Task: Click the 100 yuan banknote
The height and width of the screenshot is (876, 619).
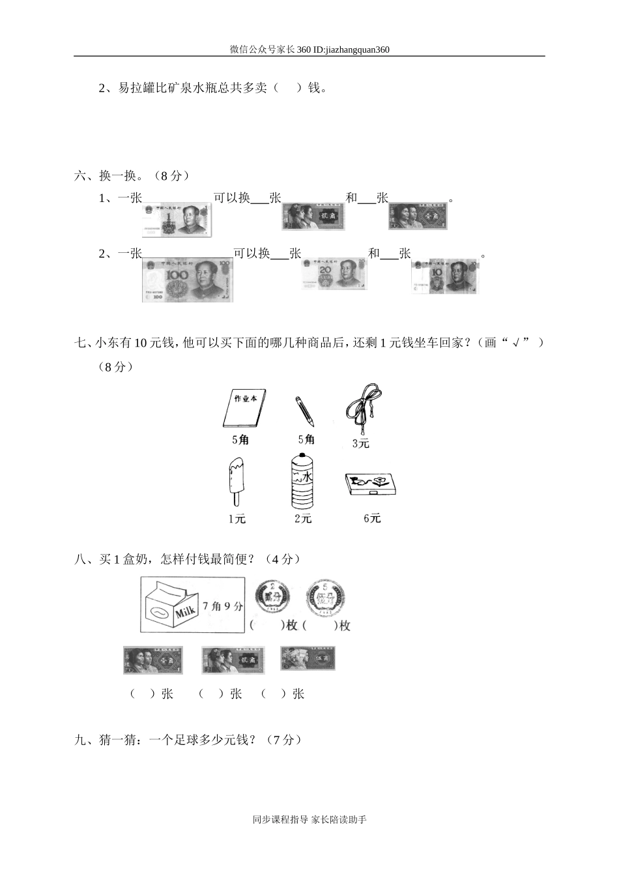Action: click(x=187, y=280)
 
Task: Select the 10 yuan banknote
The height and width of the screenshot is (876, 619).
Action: click(x=445, y=276)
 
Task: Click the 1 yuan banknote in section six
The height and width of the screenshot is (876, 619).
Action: click(x=177, y=219)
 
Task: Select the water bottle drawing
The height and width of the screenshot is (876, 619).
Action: click(x=303, y=482)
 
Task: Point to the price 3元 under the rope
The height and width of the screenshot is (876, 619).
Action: click(x=360, y=443)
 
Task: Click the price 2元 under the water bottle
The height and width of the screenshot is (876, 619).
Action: click(x=303, y=519)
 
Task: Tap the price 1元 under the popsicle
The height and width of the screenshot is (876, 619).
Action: click(x=237, y=519)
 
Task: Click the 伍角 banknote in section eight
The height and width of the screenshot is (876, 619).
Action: click(x=308, y=659)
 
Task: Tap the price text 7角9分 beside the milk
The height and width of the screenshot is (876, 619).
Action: click(x=222, y=606)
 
